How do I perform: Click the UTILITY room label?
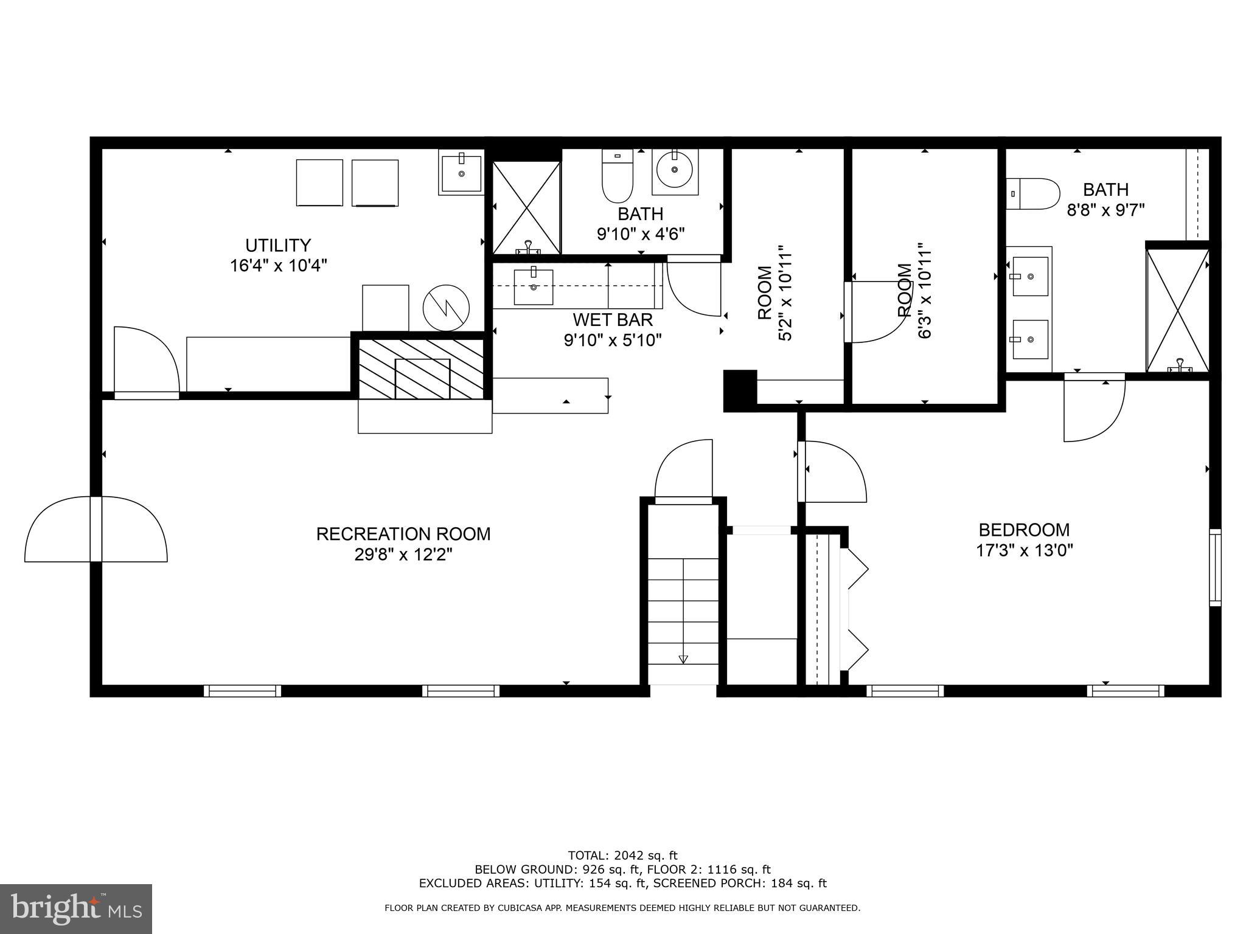point(278,246)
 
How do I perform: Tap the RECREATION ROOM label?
point(403,534)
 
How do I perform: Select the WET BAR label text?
point(612,319)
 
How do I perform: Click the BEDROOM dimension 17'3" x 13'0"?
point(1024,551)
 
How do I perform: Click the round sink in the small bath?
point(674,171)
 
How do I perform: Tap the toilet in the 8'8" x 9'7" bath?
point(1033,194)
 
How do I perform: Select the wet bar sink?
point(534,287)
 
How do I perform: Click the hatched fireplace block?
point(422,369)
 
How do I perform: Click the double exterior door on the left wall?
point(96,529)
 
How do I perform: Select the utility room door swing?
point(146,362)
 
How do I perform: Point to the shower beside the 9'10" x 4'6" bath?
point(526,208)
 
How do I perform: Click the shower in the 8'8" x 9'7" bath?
point(1177,310)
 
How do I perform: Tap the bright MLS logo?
point(75,910)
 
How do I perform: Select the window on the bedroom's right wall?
point(1214,567)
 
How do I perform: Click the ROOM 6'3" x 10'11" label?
point(914,300)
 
